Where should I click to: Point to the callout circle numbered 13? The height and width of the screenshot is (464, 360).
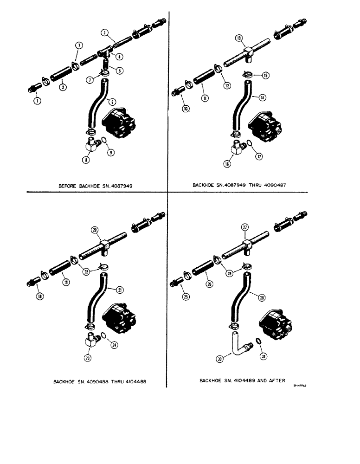click(x=238, y=38)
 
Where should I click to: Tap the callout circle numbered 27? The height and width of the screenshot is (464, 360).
click(x=245, y=226)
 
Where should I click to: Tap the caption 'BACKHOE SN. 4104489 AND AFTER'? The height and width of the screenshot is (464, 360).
click(x=242, y=380)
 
